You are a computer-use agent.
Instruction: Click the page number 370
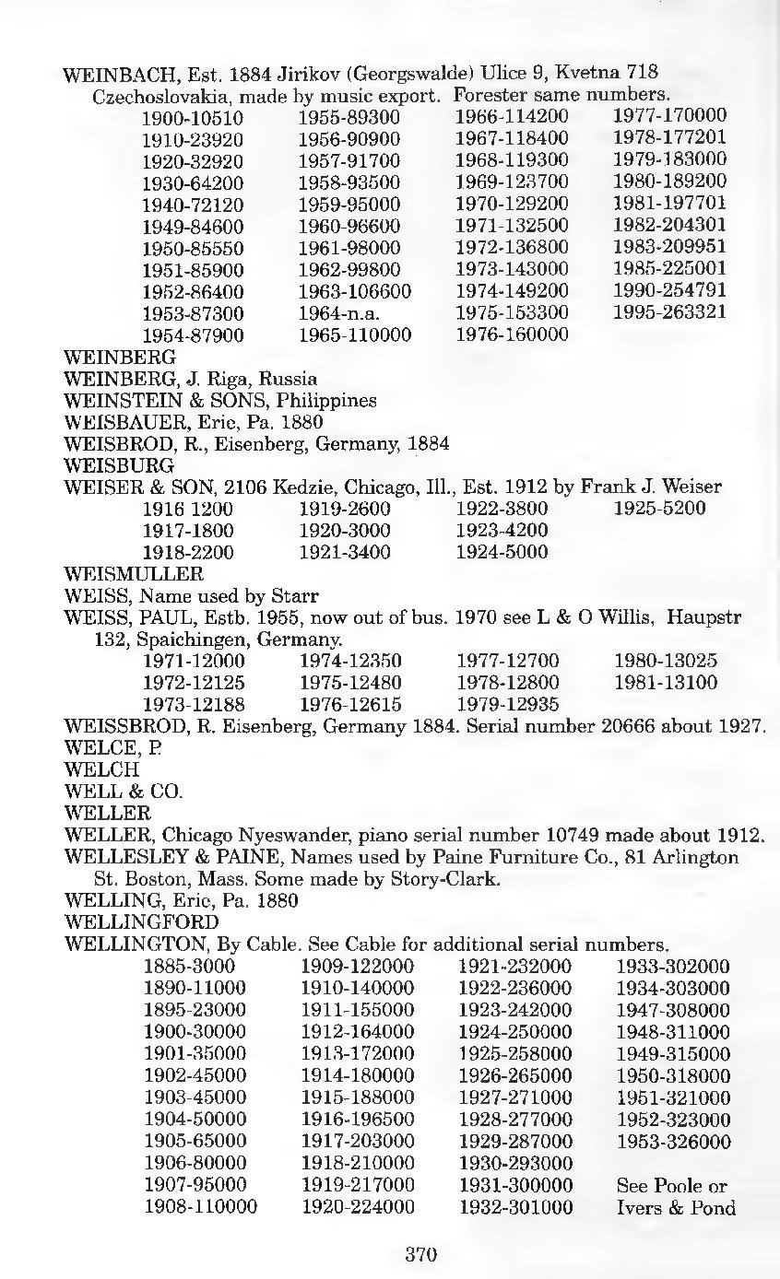(420, 1254)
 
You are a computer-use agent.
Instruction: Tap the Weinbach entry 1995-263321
(669, 312)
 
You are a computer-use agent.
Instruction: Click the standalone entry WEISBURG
(103, 466)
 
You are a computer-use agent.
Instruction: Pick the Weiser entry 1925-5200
(659, 508)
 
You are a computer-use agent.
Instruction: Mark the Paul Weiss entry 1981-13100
(665, 684)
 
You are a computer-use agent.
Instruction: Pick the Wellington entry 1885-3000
(189, 967)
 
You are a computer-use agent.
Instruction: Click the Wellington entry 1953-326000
(673, 1143)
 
